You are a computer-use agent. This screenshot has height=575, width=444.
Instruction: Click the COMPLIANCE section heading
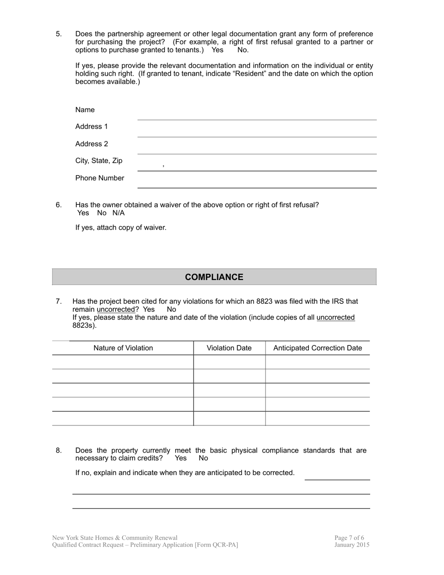(x=214, y=277)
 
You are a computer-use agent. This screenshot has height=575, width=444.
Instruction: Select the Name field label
(x=85, y=110)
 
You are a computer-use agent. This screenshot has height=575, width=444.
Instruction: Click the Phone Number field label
(x=100, y=178)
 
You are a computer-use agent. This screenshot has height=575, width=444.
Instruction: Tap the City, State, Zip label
(x=99, y=161)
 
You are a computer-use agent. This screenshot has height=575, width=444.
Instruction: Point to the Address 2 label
(x=92, y=144)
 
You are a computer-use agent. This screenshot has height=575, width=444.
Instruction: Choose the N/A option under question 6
(x=118, y=213)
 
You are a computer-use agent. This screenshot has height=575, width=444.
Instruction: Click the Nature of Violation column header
(x=123, y=348)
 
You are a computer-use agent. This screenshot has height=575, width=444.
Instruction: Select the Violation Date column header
(x=229, y=348)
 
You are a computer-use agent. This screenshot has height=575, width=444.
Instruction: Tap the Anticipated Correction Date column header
(x=317, y=348)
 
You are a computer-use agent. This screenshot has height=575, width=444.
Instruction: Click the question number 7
(x=58, y=302)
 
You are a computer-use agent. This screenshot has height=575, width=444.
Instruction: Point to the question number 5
(x=58, y=34)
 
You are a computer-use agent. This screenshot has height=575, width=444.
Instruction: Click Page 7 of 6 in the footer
(x=349, y=538)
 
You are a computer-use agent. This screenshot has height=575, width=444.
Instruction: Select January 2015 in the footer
(x=351, y=545)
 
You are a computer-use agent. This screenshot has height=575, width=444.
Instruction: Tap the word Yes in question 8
(x=180, y=458)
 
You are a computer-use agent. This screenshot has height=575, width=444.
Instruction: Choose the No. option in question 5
(x=243, y=50)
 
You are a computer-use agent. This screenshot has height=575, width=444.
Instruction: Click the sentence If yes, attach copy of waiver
(x=121, y=228)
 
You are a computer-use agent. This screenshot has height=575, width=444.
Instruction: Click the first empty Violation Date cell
(x=229, y=362)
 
